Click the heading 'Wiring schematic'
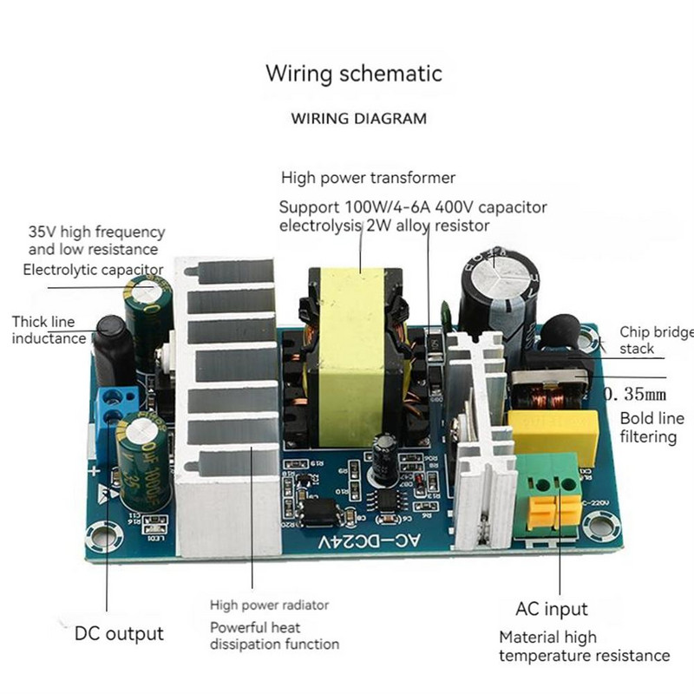click(353, 73)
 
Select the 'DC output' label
click(119, 633)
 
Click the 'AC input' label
click(552, 609)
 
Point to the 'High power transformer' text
click(368, 178)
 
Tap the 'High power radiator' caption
click(270, 605)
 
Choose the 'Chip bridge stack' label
click(655, 340)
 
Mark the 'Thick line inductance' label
click(49, 330)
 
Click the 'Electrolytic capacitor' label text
click(93, 270)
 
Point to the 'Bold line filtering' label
click(648, 427)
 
